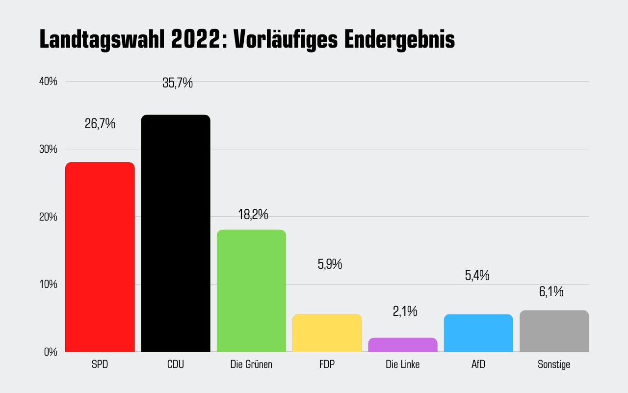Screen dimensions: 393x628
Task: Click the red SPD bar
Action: pyautogui.click(x=100, y=257)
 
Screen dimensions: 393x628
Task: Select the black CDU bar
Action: pyautogui.click(x=176, y=233)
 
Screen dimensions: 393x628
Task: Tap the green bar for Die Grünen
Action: pyautogui.click(x=251, y=291)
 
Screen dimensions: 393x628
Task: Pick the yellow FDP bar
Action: pyautogui.click(x=327, y=333)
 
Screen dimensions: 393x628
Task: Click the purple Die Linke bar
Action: pyautogui.click(x=402, y=345)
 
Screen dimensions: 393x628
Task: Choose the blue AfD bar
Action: pyautogui.click(x=478, y=333)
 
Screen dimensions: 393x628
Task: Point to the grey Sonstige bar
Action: pyautogui.click(x=554, y=331)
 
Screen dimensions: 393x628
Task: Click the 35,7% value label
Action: pyautogui.click(x=178, y=83)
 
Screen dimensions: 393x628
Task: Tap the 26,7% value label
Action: pyautogui.click(x=100, y=124)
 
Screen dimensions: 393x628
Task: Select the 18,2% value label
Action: pyautogui.click(x=253, y=215)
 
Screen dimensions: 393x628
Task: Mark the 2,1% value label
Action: pyautogui.click(x=405, y=311)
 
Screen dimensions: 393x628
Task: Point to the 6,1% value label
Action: pyautogui.click(x=551, y=292)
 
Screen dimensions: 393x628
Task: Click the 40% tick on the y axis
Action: pyautogui.click(x=48, y=82)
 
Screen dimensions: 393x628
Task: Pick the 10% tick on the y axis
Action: pyautogui.click(x=48, y=284)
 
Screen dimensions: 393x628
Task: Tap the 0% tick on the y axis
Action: pyautogui.click(x=51, y=352)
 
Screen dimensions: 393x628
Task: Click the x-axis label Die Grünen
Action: pyautogui.click(x=251, y=365)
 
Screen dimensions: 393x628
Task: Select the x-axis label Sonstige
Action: pyautogui.click(x=554, y=365)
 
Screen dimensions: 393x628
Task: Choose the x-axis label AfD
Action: pyautogui.click(x=478, y=365)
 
